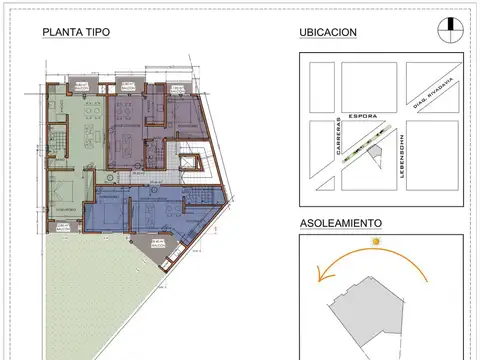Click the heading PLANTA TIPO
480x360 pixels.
click(76, 31)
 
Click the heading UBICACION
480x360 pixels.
click(328, 31)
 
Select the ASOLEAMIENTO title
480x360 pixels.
click(341, 223)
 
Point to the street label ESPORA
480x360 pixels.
click(363, 114)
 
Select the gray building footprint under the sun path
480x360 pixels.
click(365, 305)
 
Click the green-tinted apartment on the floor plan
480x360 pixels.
click(76, 140)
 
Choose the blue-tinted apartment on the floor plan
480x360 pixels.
click(140, 210)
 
